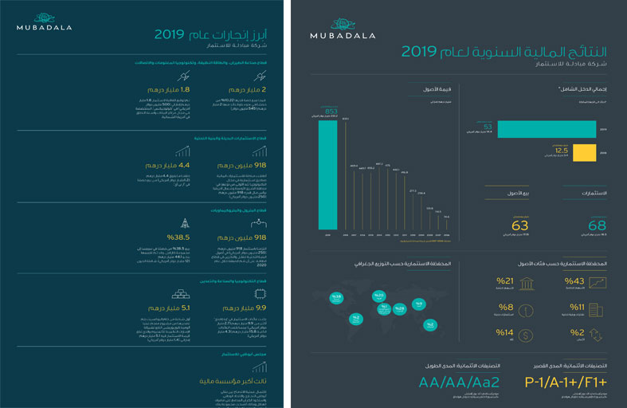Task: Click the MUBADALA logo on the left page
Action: coord(44,22)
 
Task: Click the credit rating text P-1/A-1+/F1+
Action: coord(570,382)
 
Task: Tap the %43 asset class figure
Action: coord(574,281)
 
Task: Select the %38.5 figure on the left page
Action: coord(178,237)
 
